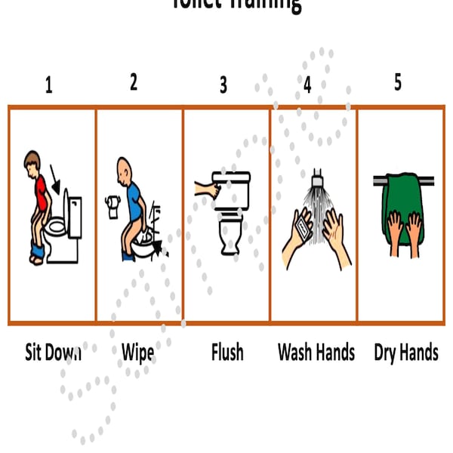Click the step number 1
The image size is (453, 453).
tap(49, 85)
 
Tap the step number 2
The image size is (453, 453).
tap(134, 82)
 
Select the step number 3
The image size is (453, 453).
tap(223, 85)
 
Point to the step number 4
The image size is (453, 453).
tap(307, 85)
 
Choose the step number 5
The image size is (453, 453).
tap(398, 82)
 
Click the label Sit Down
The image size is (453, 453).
tap(52, 353)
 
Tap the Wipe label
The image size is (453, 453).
tap(137, 353)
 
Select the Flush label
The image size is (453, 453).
tap(227, 353)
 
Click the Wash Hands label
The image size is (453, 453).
tap(316, 353)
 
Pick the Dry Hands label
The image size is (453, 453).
tap(405, 353)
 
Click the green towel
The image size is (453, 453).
tap(406, 204)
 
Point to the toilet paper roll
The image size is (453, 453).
tap(114, 206)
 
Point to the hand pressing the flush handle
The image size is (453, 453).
tap(203, 185)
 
